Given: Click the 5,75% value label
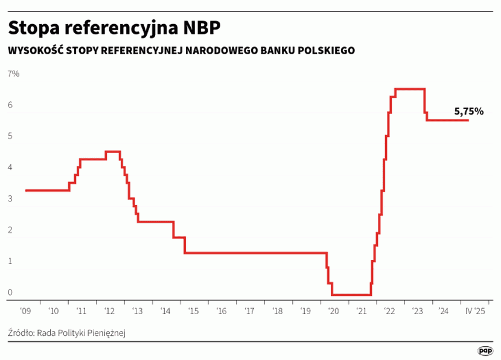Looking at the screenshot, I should [469, 112].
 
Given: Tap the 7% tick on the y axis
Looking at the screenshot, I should [13, 74].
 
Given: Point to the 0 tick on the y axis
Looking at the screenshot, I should [10, 293].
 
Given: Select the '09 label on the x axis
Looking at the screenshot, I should [25, 311].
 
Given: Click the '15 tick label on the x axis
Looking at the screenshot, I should [193, 311].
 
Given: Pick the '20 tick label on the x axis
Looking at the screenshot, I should [333, 311].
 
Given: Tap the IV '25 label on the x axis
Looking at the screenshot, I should [474, 311].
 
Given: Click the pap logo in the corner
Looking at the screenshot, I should [485, 350].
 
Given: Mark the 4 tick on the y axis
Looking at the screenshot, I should [10, 168].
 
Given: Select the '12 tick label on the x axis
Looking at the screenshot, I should [109, 311].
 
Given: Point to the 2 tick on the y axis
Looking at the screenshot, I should [10, 230].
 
